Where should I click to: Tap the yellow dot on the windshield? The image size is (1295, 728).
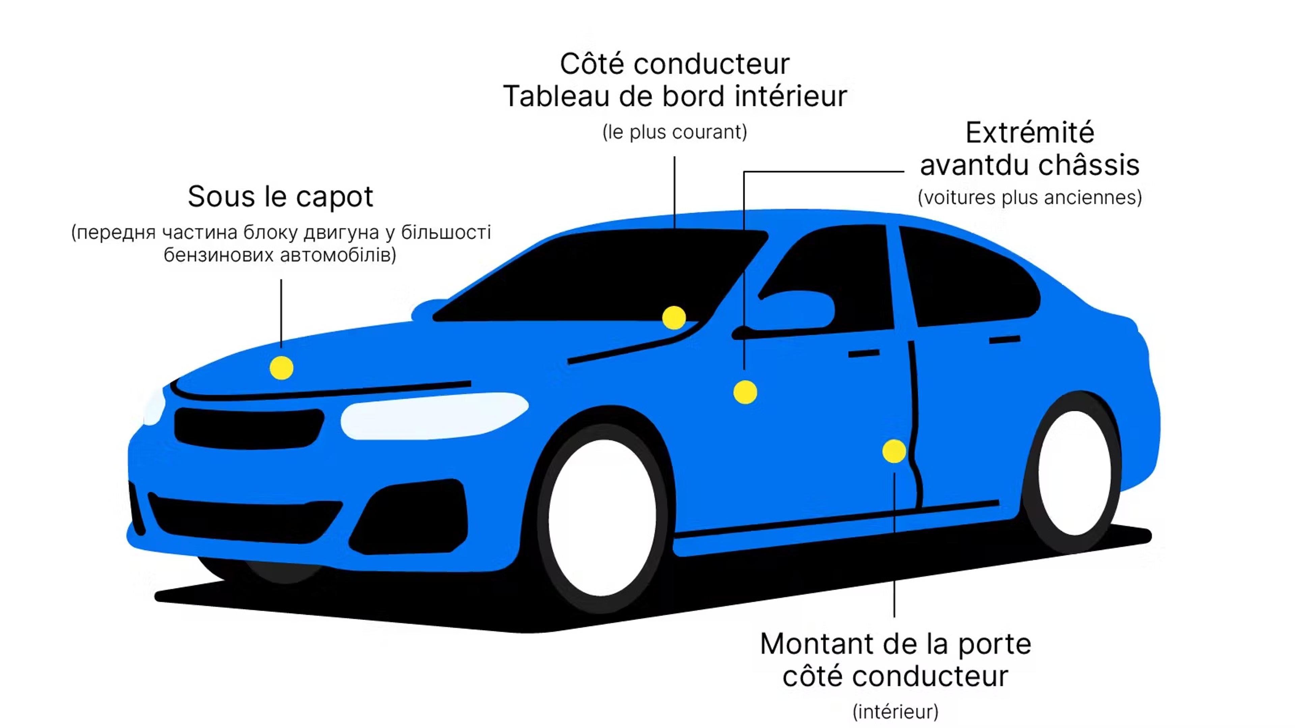point(674,317)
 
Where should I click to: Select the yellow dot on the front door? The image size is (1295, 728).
point(745,392)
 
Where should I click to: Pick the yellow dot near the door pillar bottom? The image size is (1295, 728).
point(894,451)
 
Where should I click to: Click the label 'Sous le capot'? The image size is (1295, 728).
point(281,196)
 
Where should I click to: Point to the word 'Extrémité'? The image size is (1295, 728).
point(1030,133)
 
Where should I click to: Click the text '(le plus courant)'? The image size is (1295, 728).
point(674,132)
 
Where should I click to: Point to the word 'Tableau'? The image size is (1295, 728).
point(556,96)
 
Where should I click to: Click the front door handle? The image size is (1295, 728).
point(864,354)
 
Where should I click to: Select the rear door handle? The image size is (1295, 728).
point(1004,340)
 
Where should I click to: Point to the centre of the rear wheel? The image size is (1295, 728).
point(1075,473)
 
